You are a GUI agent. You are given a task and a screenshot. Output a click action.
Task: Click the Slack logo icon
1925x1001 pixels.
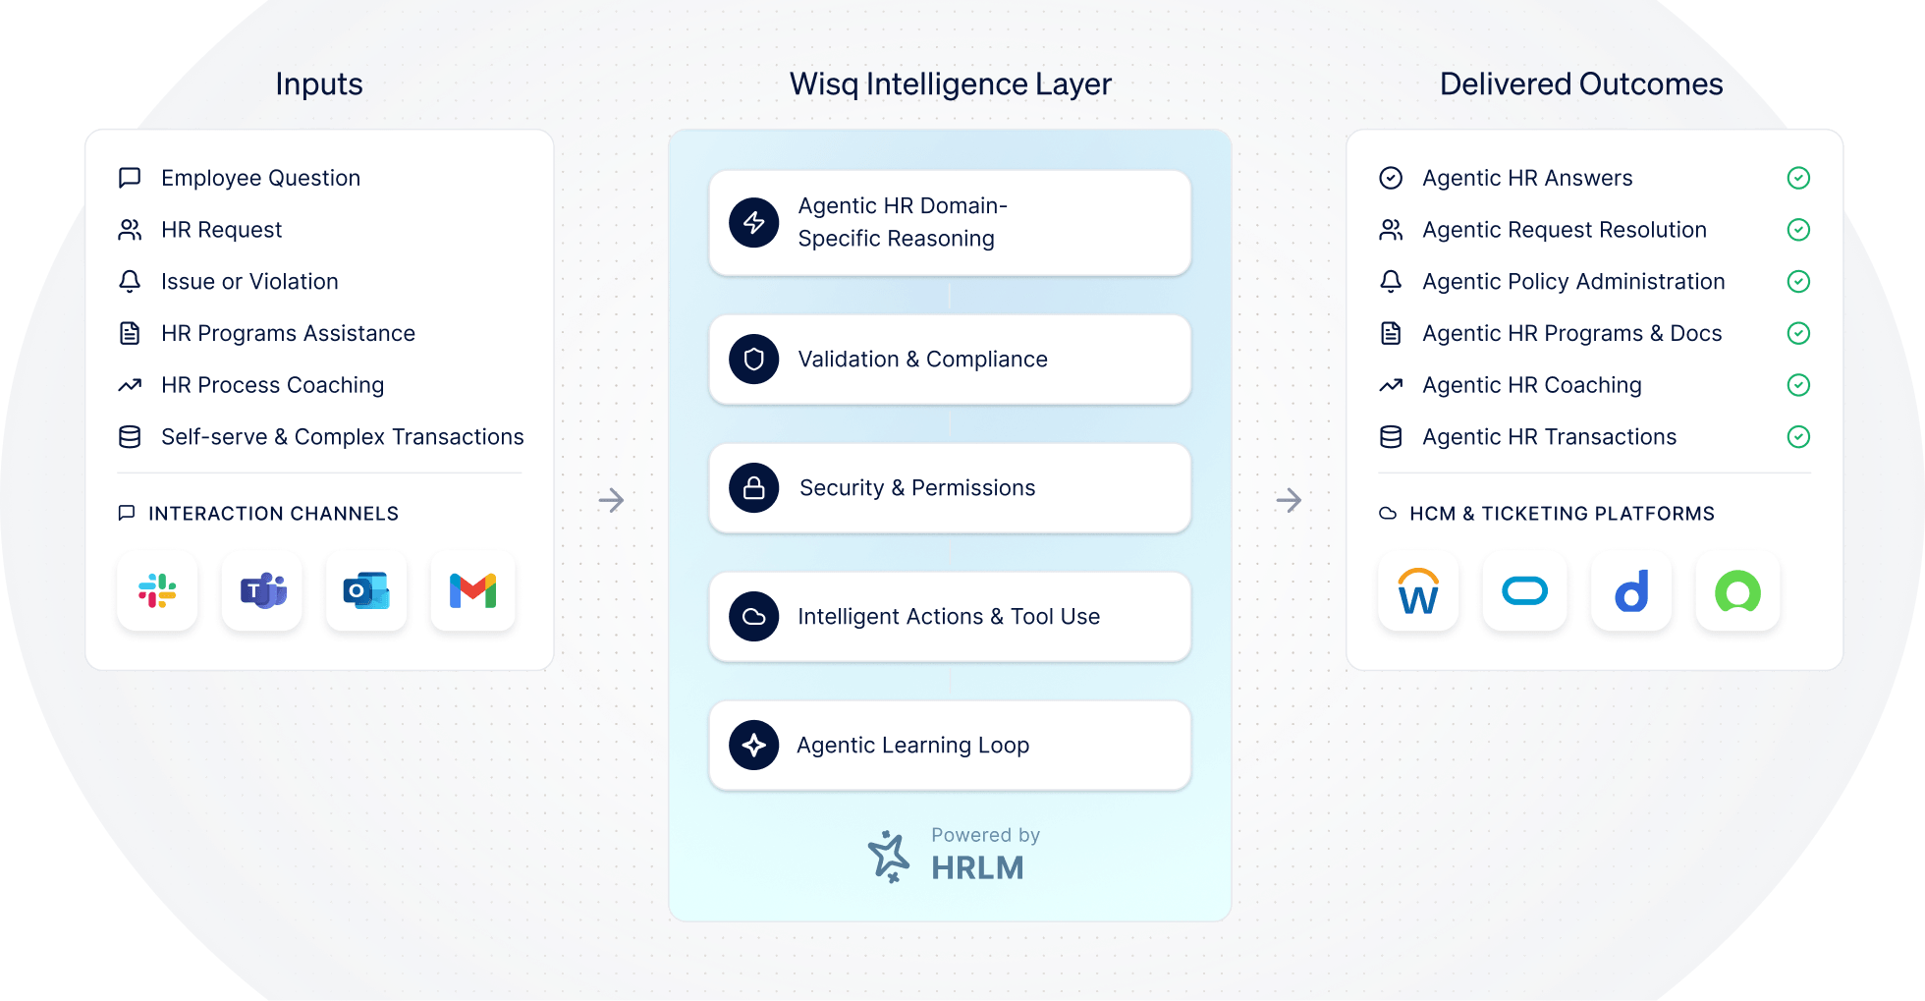(157, 591)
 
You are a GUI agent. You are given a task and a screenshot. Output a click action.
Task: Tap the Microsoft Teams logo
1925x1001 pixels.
(262, 591)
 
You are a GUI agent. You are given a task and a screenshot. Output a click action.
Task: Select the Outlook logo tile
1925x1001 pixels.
(366, 591)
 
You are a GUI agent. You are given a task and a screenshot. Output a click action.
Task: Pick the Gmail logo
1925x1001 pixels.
(472, 591)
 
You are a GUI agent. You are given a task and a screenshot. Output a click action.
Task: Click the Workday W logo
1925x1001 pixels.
(1418, 591)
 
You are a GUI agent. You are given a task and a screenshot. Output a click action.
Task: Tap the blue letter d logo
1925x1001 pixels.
(1631, 591)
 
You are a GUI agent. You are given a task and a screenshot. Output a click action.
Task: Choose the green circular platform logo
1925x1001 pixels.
(1737, 591)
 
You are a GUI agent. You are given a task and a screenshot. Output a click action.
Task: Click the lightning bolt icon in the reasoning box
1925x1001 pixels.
(754, 223)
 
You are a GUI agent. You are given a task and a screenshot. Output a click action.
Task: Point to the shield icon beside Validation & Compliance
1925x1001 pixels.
(754, 360)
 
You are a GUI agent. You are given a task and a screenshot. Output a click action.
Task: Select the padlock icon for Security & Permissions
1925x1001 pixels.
(754, 488)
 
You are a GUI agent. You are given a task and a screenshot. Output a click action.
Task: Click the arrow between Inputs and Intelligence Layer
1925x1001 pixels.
(611, 500)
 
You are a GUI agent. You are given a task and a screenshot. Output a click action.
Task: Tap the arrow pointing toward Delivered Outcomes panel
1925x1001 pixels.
(1289, 500)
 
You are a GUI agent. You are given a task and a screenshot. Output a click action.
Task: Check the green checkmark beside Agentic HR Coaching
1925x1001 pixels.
(1798, 385)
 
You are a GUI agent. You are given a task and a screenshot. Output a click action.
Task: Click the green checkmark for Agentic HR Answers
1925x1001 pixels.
(1798, 178)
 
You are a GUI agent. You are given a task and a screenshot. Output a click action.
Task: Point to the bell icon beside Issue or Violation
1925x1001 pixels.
(130, 282)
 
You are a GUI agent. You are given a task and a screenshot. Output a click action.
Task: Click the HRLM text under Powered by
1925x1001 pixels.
(977, 868)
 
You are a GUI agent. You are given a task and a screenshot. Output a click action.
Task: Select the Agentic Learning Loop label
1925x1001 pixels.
(912, 746)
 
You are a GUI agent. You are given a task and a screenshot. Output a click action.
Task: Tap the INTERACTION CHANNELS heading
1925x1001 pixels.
(273, 514)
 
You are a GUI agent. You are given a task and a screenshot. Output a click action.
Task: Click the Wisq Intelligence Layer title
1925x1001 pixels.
(950, 84)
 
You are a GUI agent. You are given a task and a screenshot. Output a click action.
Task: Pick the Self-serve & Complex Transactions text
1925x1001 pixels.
(342, 437)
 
